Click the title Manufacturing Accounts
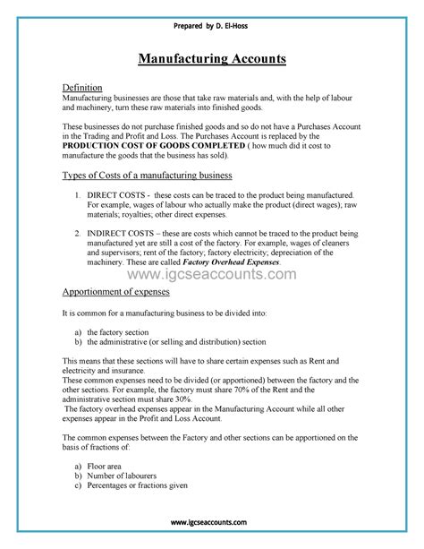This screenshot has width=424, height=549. point(212,59)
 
